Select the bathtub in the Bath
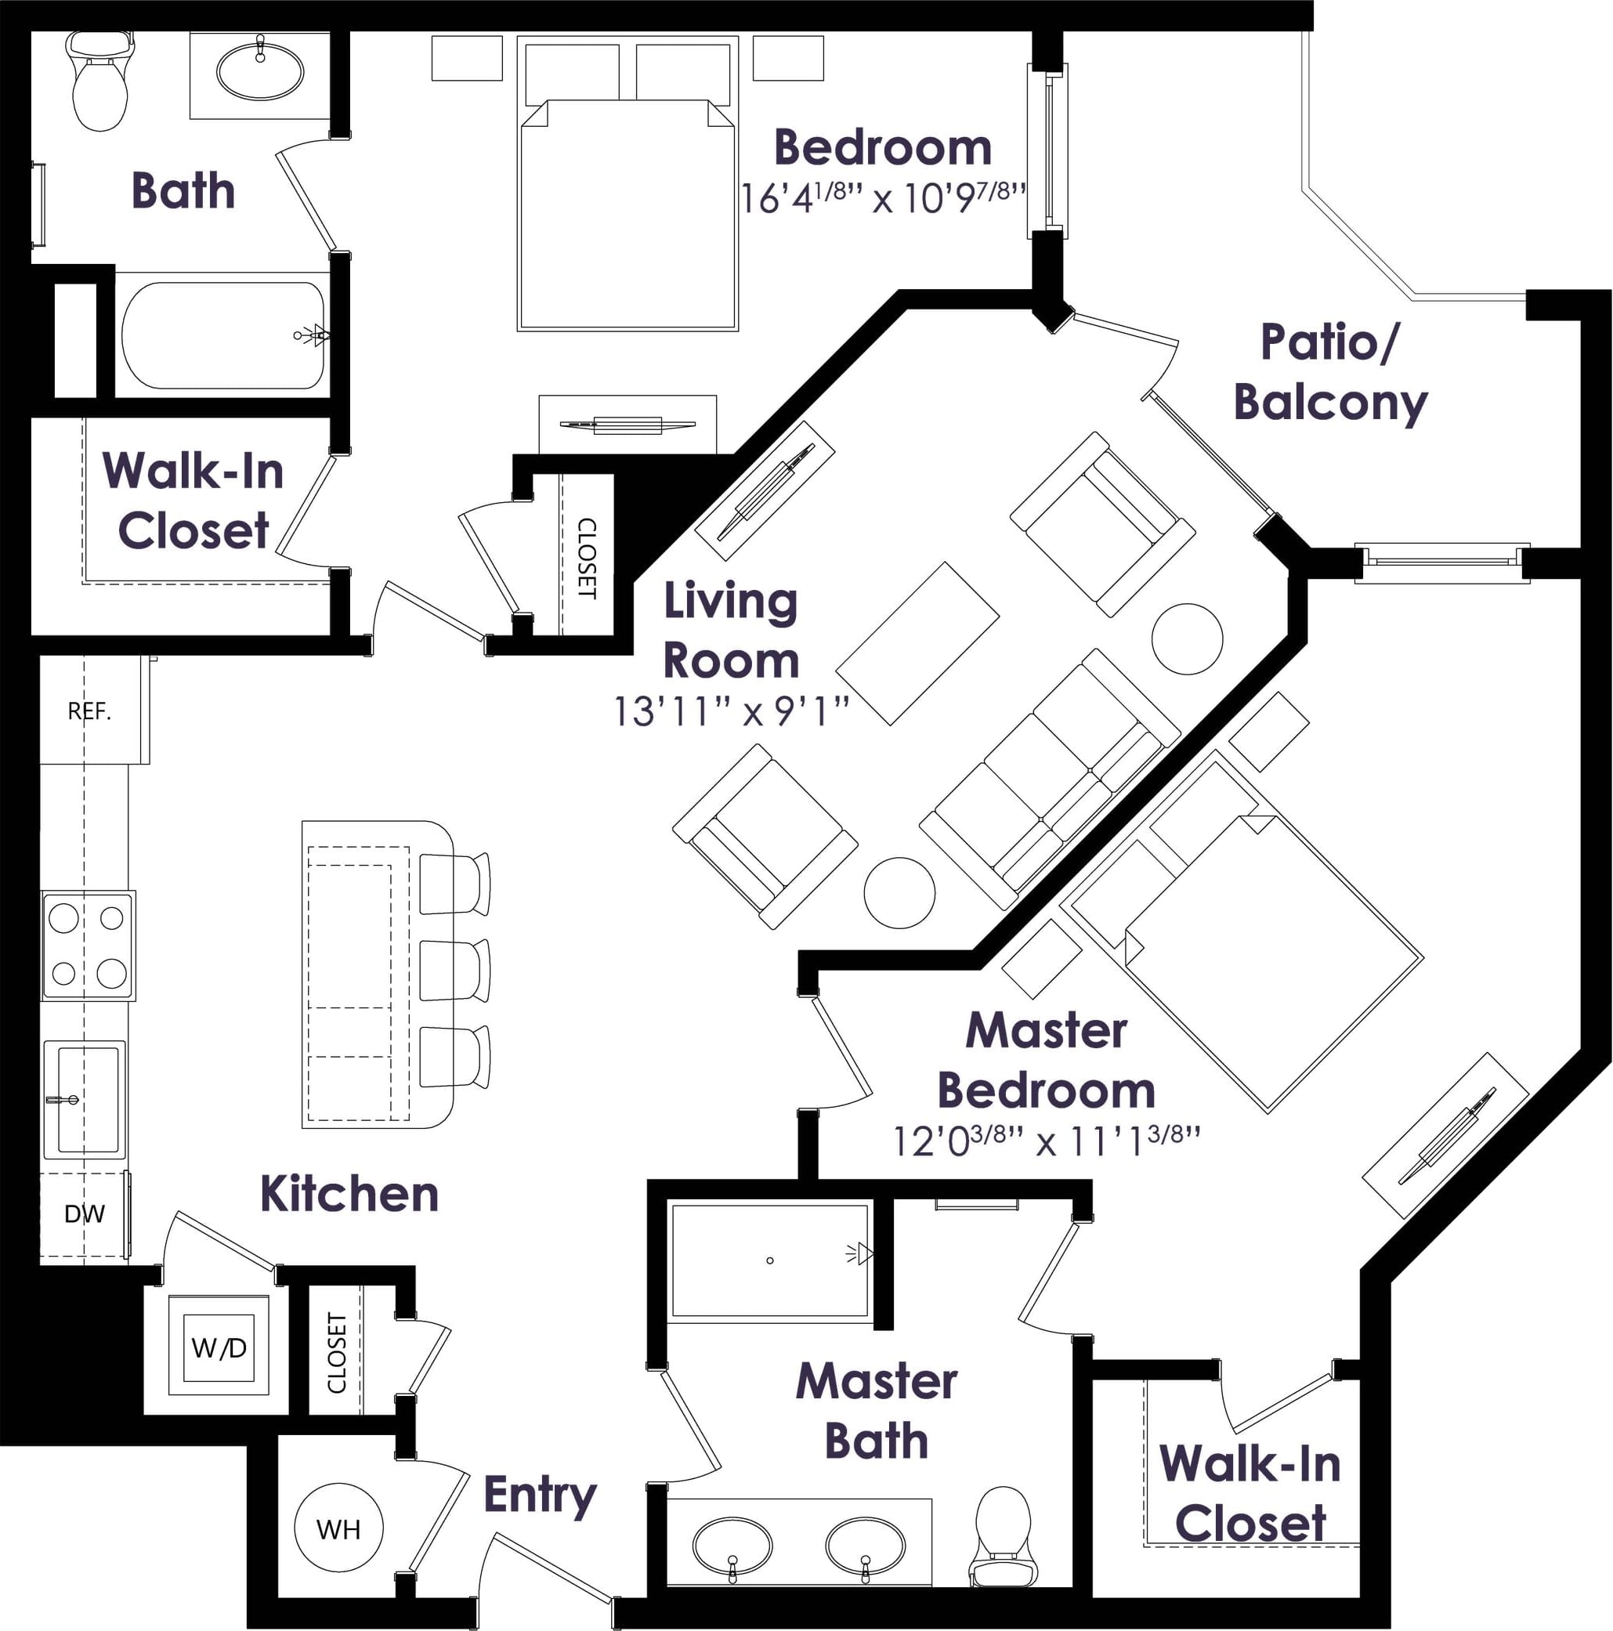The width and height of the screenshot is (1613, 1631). (222, 335)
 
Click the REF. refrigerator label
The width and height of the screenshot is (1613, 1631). (89, 711)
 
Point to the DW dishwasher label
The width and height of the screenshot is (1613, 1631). (85, 1214)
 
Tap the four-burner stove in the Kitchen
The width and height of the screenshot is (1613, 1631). (88, 946)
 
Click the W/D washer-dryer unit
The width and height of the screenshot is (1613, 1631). (219, 1347)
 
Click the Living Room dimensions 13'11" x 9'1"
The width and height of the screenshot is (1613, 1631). (730, 711)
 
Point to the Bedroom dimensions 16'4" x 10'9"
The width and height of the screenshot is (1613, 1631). (883, 198)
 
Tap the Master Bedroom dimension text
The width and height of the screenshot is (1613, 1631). (1047, 1141)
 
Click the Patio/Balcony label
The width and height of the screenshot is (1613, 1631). (1330, 372)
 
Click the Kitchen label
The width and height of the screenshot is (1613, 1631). (349, 1194)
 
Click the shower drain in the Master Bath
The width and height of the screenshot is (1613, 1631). (770, 1260)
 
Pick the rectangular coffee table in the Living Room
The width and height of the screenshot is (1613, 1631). (917, 643)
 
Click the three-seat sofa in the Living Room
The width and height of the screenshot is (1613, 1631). (1049, 779)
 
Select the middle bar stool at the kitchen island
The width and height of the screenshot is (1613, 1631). (454, 971)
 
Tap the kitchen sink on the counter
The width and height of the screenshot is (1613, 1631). (86, 1098)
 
